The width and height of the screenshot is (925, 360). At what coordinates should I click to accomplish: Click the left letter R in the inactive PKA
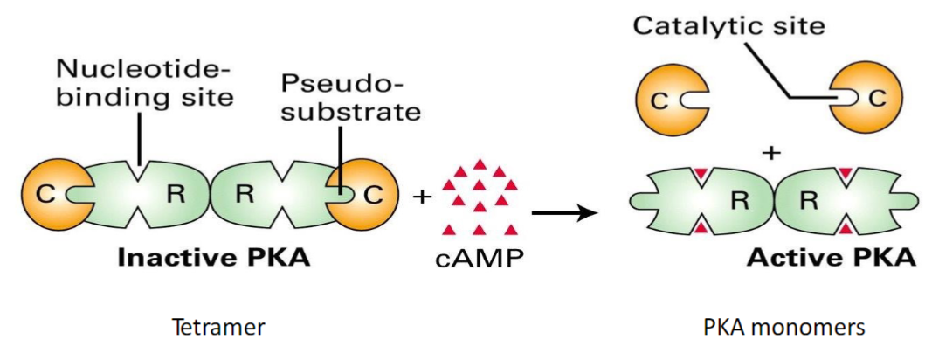[176, 195]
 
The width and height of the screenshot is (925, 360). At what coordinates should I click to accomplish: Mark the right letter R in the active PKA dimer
[809, 200]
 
